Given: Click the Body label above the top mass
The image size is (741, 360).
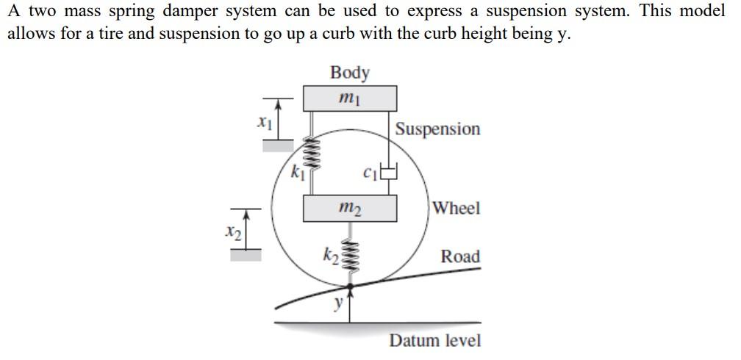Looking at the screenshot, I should pyautogui.click(x=350, y=72).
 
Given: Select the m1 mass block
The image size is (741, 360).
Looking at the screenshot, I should pyautogui.click(x=350, y=98).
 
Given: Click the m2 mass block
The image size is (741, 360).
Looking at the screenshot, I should pyautogui.click(x=350, y=209).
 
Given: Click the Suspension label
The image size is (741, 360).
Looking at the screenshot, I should pyautogui.click(x=437, y=129).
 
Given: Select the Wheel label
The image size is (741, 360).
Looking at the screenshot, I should pyautogui.click(x=457, y=208).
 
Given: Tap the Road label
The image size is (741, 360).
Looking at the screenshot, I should pyautogui.click(x=460, y=256).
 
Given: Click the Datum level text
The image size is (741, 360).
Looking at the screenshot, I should pyautogui.click(x=435, y=341).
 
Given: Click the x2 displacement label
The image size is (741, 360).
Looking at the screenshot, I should pyautogui.click(x=232, y=232).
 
